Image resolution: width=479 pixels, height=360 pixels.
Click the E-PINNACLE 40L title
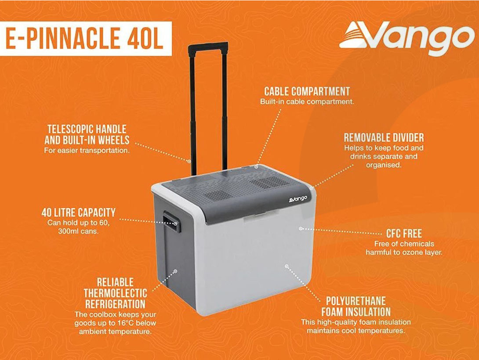[x=85, y=38]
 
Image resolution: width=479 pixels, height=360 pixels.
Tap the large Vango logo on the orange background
[x=406, y=37]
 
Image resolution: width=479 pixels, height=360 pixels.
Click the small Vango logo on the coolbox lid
[x=298, y=199]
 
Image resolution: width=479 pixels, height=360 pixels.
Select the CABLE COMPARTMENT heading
[x=307, y=91]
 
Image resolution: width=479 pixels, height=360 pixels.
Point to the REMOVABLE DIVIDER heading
[x=384, y=137]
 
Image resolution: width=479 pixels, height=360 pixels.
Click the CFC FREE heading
[x=404, y=234]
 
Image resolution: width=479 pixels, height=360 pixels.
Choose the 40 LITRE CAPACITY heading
[x=79, y=212]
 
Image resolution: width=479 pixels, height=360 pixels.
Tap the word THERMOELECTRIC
[x=116, y=293]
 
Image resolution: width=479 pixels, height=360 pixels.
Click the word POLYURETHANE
[x=356, y=301]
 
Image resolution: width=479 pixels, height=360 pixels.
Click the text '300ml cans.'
[x=78, y=231]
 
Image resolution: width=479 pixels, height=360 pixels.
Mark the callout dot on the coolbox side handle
[x=175, y=223]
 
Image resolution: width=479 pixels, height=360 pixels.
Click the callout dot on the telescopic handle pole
[x=189, y=161]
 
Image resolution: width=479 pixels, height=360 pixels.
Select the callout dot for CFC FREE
[x=301, y=228]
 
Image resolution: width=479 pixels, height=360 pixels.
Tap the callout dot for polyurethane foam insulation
[x=287, y=266]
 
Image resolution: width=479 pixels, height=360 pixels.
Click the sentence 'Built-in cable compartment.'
[x=307, y=101]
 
